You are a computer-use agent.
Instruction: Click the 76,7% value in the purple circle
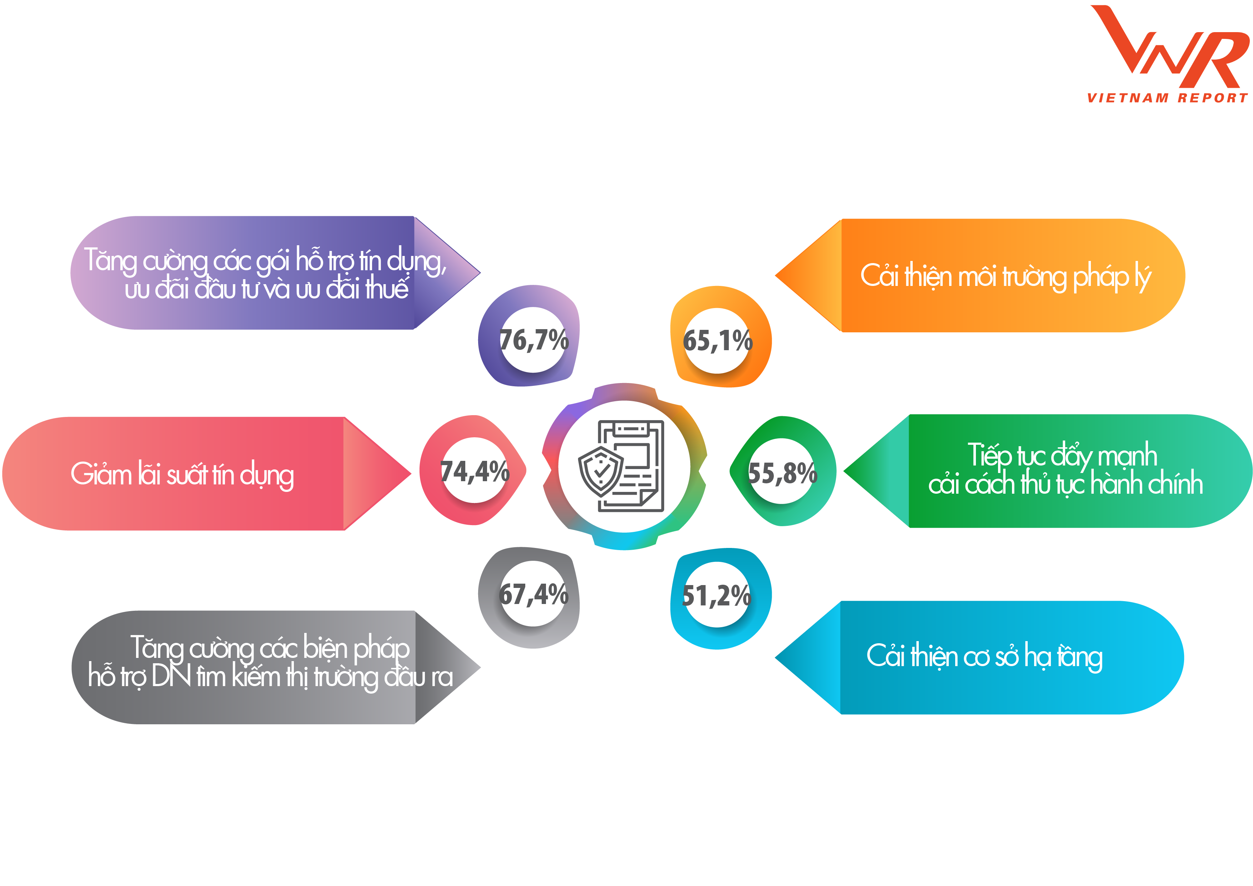[x=534, y=341]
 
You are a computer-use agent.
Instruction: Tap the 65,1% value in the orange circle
[x=718, y=341]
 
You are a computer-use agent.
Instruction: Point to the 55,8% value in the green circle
[x=782, y=473]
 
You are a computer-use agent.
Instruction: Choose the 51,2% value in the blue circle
[x=717, y=595]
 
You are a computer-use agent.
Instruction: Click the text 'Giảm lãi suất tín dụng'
[x=182, y=474]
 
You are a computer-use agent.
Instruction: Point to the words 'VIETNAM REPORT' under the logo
[x=1167, y=98]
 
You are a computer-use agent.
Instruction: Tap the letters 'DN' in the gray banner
[x=171, y=676]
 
